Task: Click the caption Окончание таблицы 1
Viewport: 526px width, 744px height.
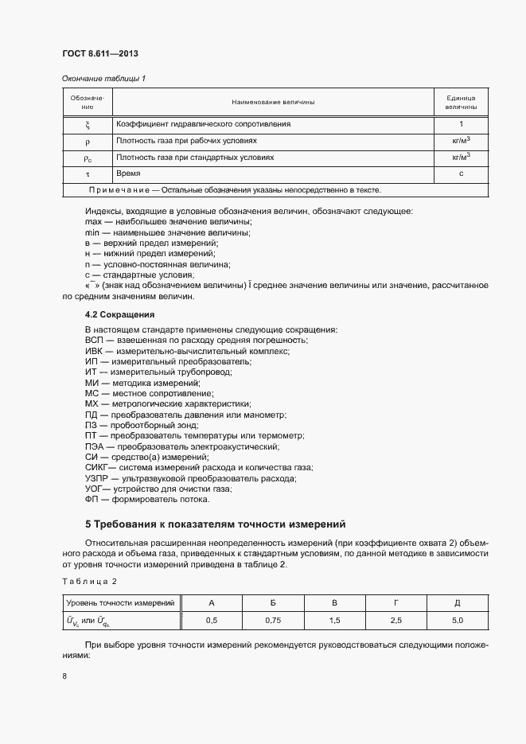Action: point(103,78)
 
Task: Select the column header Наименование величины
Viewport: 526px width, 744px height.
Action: point(273,103)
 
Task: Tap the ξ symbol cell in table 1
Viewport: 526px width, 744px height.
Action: point(88,125)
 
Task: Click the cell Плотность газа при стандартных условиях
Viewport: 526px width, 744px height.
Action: point(195,158)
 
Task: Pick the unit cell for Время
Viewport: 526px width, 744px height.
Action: point(461,173)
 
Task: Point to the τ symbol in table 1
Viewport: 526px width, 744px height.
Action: point(88,173)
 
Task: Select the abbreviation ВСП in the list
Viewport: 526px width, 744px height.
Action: point(95,340)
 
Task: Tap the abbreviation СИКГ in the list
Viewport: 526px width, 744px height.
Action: point(96,467)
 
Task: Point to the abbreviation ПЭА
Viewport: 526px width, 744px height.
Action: point(95,446)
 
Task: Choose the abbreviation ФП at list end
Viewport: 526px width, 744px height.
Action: point(92,499)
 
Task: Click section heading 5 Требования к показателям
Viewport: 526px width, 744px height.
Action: point(216,524)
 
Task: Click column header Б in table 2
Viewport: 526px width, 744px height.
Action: point(273,602)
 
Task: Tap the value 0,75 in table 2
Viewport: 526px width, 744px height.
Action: point(273,619)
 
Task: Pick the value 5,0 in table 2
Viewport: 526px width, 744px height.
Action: point(457,619)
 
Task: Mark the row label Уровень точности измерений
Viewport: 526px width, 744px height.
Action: point(120,602)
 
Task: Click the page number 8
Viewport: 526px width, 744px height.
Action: point(64,676)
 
